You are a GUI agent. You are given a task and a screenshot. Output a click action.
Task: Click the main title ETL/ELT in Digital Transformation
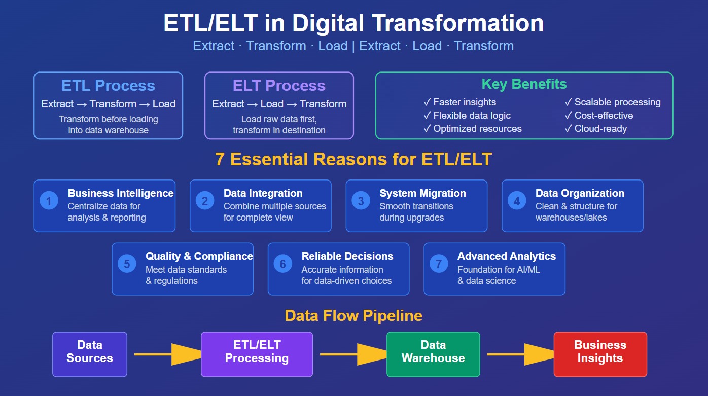click(353, 23)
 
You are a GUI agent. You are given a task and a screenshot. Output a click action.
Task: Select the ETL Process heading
click(108, 85)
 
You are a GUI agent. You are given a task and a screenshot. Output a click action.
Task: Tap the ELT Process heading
click(279, 85)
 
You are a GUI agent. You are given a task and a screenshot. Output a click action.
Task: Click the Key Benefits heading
click(524, 84)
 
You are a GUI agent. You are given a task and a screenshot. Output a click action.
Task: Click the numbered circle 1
click(49, 201)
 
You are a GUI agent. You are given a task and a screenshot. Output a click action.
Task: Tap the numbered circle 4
click(517, 201)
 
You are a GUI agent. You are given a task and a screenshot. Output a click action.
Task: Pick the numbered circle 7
click(439, 264)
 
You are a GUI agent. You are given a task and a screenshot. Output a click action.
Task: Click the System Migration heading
click(422, 193)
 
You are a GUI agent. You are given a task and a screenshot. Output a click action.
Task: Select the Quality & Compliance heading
click(199, 256)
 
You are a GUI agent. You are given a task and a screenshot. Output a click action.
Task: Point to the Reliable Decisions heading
click(347, 256)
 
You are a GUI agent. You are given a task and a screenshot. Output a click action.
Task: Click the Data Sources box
click(90, 354)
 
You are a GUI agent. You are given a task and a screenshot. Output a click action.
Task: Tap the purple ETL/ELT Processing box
click(257, 354)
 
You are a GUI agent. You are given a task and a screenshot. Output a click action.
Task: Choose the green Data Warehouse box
click(433, 354)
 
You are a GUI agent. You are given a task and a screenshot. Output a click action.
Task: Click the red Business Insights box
click(600, 354)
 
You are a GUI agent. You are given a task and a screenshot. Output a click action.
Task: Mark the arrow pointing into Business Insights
click(517, 354)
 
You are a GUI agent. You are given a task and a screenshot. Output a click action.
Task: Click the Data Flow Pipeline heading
click(353, 316)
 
